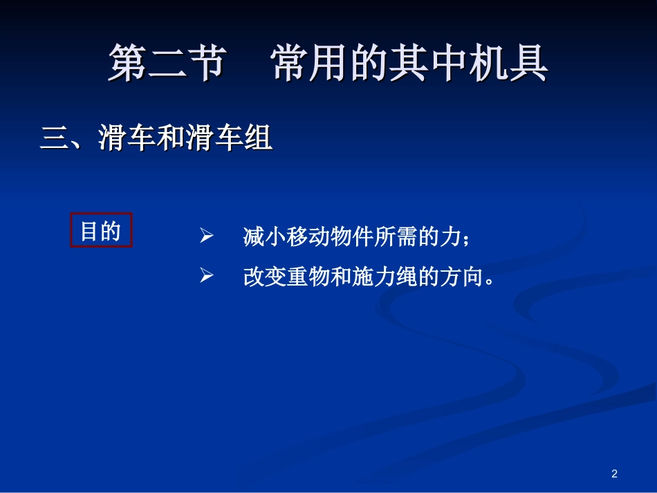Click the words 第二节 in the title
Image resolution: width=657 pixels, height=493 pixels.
pos(166,64)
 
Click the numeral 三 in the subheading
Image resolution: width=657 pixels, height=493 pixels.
pos(53,139)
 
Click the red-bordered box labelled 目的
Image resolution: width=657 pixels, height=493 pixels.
pos(101,230)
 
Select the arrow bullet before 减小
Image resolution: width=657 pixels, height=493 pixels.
pos(205,237)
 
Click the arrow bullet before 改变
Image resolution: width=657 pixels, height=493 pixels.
pos(205,277)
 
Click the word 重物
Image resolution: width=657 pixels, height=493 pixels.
pos(308,277)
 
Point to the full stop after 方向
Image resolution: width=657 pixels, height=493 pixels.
pos(490,282)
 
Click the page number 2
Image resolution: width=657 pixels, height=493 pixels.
pos(614,474)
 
